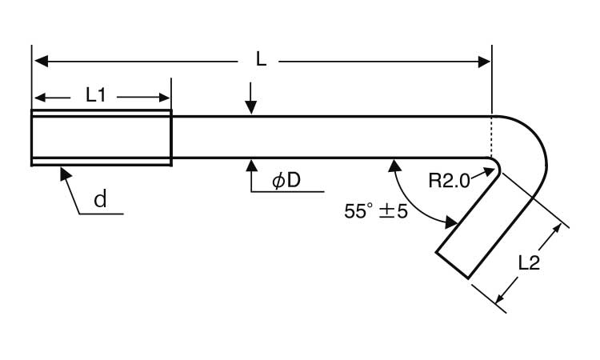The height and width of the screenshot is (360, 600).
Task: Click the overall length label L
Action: (261, 59)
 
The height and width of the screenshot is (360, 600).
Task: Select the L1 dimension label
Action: (96, 95)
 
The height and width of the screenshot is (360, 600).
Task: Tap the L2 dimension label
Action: (529, 262)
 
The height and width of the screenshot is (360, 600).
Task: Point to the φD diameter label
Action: (286, 181)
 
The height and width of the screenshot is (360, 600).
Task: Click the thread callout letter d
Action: (100, 200)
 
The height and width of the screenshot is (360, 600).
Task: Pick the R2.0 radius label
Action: (448, 180)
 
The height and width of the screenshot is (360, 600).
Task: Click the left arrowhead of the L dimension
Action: (38, 61)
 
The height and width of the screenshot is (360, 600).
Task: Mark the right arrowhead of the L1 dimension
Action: (166, 98)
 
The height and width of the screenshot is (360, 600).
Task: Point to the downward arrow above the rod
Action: (251, 108)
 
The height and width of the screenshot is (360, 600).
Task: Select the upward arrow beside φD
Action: (251, 166)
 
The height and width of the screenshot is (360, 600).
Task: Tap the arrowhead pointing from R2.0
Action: (484, 171)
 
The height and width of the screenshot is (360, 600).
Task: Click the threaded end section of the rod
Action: (101, 137)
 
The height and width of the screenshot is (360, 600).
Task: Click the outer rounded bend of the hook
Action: (538, 144)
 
